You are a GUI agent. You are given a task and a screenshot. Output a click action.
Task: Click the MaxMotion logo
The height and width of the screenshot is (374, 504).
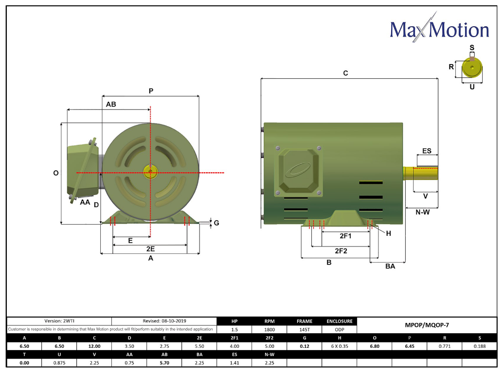coord(439,28)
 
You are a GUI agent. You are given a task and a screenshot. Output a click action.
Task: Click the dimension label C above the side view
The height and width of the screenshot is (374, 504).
coord(345,73)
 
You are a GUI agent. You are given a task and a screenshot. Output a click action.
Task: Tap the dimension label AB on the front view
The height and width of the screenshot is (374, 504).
coord(111,104)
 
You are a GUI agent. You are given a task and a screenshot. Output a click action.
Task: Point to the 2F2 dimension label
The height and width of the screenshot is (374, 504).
coord(341,251)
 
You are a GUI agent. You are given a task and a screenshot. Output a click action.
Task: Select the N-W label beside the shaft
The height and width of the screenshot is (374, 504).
coord(422,212)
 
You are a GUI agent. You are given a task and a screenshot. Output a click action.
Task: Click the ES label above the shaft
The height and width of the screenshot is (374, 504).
coord(427,151)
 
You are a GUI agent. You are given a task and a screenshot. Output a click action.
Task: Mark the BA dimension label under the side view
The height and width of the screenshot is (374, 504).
coord(390,266)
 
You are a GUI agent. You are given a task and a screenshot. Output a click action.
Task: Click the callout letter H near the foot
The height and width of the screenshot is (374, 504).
coord(389,233)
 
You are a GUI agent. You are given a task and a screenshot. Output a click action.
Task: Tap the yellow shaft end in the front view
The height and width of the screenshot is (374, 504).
coord(150,172)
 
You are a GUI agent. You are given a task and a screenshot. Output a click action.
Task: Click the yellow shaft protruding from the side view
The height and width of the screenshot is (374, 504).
coord(420,173)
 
